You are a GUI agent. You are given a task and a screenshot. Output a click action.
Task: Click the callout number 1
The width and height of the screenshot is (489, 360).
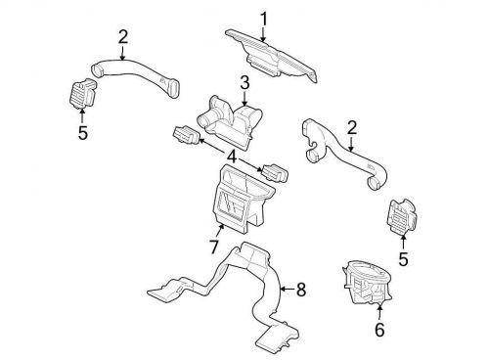click(262, 17)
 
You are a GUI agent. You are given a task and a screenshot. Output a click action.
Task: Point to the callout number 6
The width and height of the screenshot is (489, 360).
click(379, 330)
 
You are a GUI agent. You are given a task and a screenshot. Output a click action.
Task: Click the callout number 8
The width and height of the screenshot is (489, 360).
click(300, 290)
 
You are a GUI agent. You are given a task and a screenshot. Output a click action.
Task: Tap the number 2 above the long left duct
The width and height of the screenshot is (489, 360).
click(123, 37)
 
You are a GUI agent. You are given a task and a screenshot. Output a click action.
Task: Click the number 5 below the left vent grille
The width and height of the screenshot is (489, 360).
click(82, 132)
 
